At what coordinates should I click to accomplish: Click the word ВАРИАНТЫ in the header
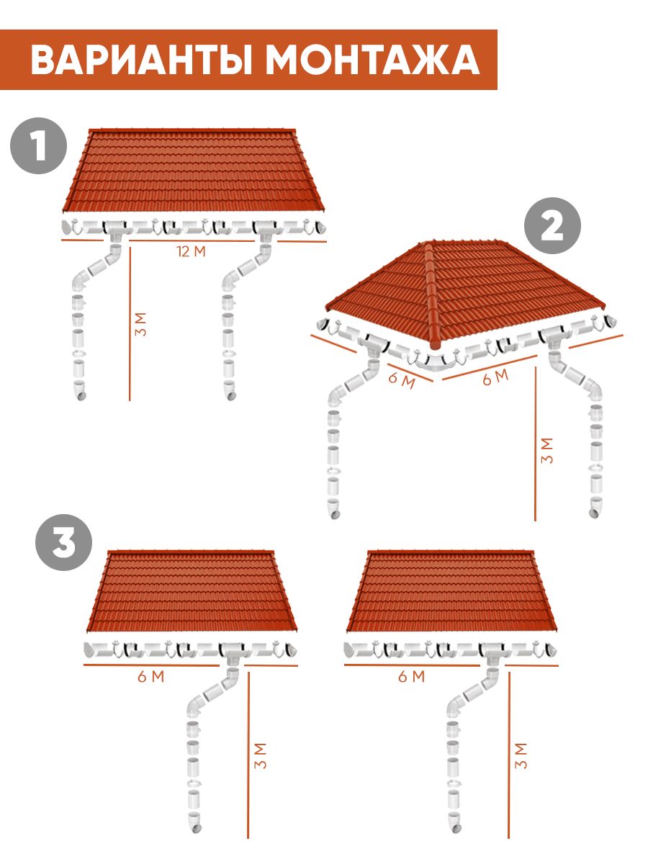pyautogui.click(x=141, y=60)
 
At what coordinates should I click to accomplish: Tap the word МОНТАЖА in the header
pyautogui.click(x=372, y=60)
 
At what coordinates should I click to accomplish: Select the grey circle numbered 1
pyautogui.click(x=39, y=145)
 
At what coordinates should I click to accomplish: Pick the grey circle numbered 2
pyautogui.click(x=552, y=225)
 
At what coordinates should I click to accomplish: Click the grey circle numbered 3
pyautogui.click(x=64, y=542)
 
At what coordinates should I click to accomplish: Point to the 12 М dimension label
pyautogui.click(x=192, y=251)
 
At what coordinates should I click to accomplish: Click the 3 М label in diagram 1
pyautogui.click(x=140, y=324)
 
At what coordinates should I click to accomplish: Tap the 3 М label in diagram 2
pyautogui.click(x=547, y=451)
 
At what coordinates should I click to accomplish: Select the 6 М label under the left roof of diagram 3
pyautogui.click(x=150, y=677)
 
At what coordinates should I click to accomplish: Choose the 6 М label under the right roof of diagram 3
pyautogui.click(x=412, y=677)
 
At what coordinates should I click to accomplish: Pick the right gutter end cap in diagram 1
pyautogui.click(x=320, y=228)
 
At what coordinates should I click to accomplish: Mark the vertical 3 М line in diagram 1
pyautogui.click(x=130, y=323)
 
